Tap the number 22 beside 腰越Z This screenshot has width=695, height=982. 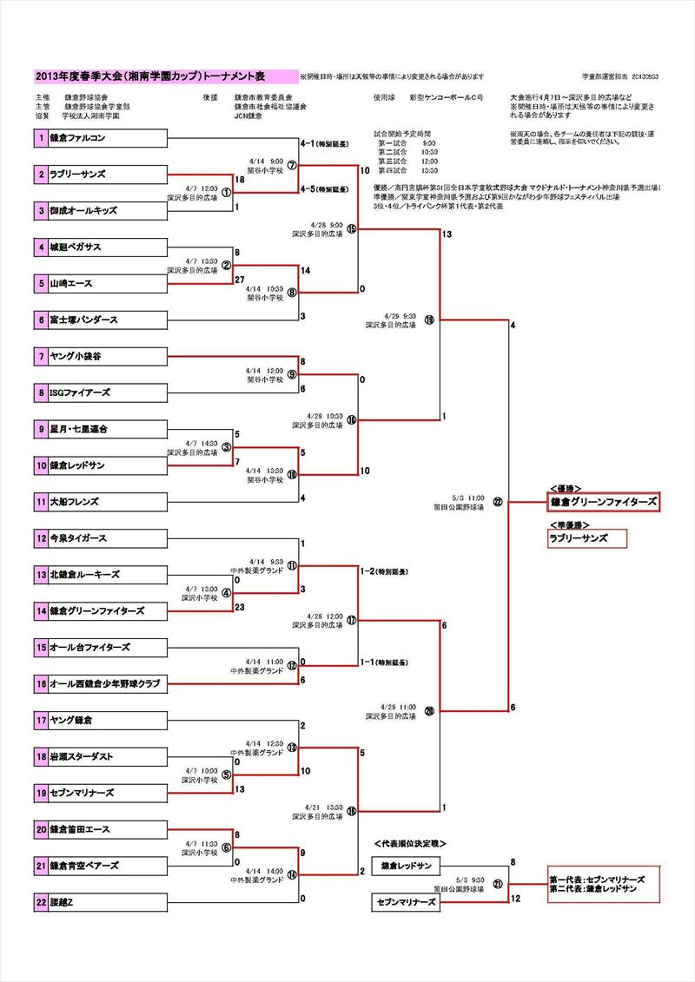click(41, 903)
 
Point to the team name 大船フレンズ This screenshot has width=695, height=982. click(75, 502)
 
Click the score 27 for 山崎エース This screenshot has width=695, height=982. click(240, 280)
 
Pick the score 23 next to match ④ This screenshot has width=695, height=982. click(241, 608)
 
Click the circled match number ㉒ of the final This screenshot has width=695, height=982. click(497, 502)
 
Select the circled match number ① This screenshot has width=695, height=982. click(226, 193)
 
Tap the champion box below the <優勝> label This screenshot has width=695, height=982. click(603, 502)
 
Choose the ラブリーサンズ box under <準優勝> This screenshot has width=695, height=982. click(586, 538)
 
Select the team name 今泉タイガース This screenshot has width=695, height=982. click(78, 538)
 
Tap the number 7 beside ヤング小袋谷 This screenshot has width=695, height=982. click(41, 356)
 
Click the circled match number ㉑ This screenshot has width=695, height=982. click(497, 885)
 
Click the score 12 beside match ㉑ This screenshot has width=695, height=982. click(515, 899)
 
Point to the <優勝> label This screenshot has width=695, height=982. click(566, 489)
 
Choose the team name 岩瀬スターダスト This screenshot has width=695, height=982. click(82, 757)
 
